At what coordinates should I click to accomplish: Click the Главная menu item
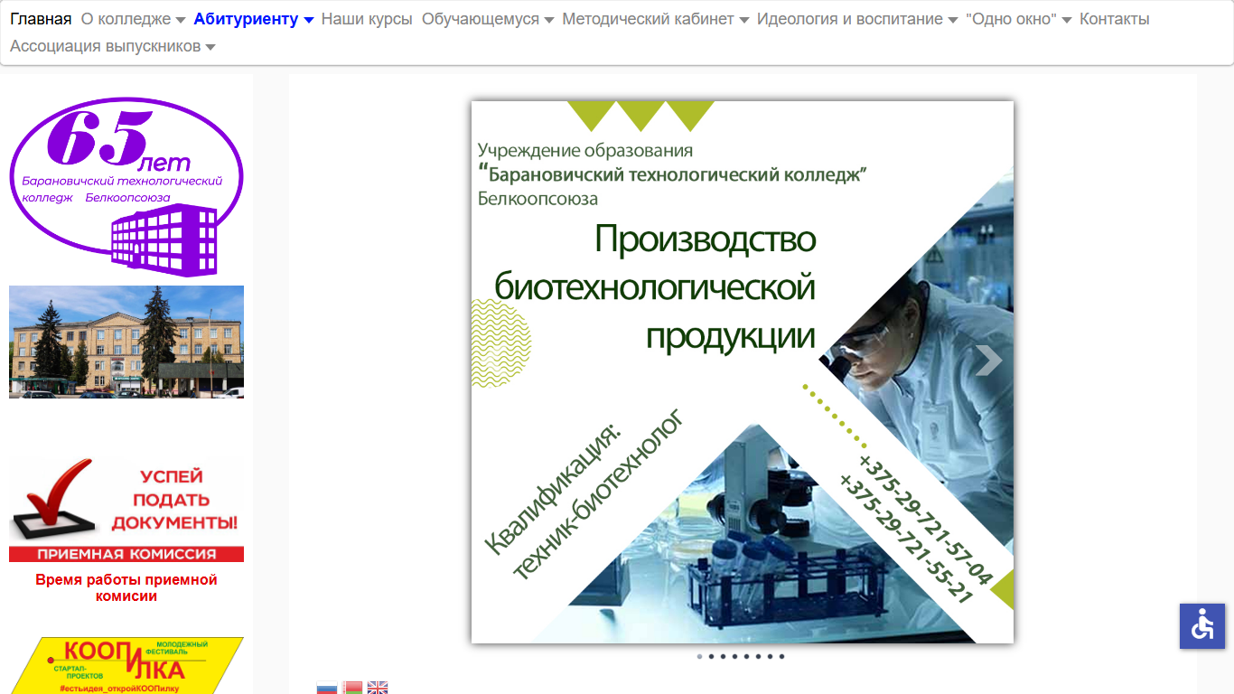(x=41, y=19)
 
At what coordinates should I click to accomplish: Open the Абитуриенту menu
(x=254, y=19)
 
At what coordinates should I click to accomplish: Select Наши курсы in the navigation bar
(x=367, y=19)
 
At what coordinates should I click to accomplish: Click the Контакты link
(x=1114, y=19)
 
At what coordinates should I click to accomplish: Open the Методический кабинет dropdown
(x=655, y=19)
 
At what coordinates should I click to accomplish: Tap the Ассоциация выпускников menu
(x=112, y=46)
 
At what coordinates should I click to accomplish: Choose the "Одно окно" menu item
(x=1018, y=19)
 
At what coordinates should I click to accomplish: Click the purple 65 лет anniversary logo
(x=126, y=186)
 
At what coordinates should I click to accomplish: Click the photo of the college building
(x=126, y=342)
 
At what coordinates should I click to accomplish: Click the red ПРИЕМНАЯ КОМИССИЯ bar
(x=126, y=554)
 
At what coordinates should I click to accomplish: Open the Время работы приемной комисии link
(x=126, y=587)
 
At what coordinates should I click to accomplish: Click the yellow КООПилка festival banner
(x=126, y=665)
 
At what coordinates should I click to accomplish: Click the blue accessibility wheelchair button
(x=1202, y=626)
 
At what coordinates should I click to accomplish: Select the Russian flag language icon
(x=327, y=688)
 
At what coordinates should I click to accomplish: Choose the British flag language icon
(x=378, y=688)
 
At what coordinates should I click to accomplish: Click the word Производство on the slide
(x=706, y=239)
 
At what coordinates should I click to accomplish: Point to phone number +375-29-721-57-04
(x=925, y=520)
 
